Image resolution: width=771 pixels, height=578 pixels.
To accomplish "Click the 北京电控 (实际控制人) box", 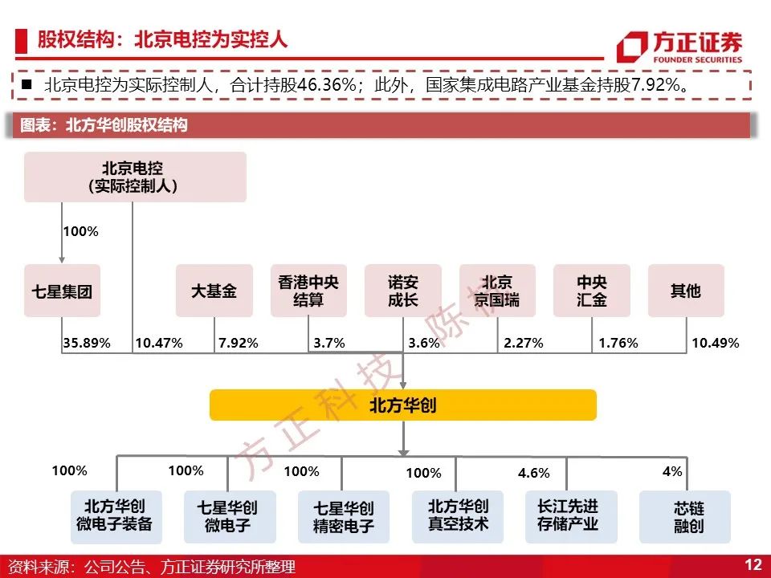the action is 135,177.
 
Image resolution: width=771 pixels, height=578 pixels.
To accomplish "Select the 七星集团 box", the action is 62,291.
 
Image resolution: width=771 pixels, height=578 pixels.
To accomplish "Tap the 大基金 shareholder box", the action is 214,291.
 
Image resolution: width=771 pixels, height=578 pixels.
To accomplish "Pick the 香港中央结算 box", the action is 308,291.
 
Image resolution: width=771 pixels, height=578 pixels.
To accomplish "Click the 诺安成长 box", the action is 402,291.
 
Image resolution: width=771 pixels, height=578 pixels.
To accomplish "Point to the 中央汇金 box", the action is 592,291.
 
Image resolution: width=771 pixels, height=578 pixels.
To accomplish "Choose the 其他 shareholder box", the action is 686,291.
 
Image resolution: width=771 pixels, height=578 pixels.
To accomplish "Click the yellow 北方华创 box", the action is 403,405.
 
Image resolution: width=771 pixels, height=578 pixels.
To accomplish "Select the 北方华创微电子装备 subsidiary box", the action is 116,516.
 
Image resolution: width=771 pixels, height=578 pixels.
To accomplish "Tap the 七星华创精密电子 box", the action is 344,516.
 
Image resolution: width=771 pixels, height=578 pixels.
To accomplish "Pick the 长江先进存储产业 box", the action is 571,516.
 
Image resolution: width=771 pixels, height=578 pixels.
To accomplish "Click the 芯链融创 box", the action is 685,516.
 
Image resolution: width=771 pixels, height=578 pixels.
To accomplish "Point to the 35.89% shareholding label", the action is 87,343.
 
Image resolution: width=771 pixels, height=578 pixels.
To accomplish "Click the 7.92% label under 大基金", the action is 238,343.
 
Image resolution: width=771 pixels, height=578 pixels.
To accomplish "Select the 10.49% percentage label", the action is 716,343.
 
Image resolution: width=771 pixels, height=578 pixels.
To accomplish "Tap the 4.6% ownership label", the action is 533,473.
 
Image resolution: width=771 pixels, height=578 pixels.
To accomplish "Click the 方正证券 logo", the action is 679,47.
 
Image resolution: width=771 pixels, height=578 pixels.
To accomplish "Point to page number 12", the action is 753,564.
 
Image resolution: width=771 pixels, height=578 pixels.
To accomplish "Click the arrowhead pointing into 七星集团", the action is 62,260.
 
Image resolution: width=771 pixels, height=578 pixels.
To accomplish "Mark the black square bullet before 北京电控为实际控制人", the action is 27,84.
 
